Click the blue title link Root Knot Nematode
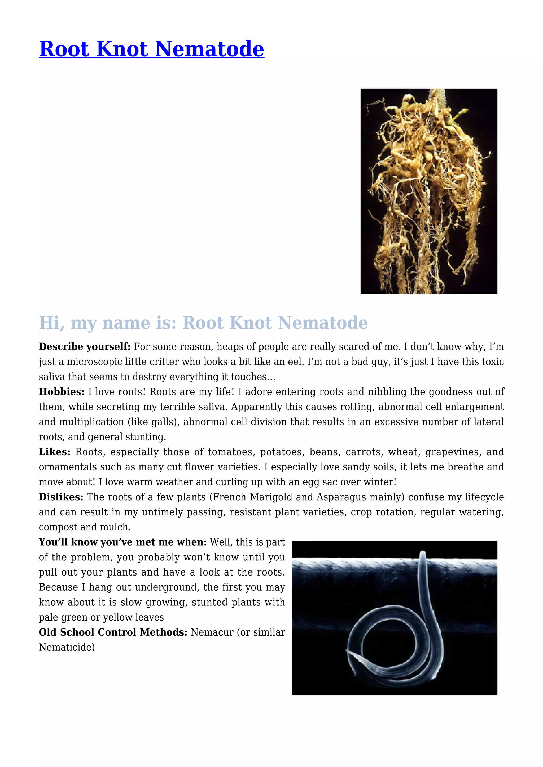click(x=151, y=49)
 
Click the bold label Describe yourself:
click(x=85, y=347)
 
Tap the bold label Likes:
click(x=55, y=452)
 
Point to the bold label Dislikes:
click(x=61, y=497)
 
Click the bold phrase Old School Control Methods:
click(x=113, y=632)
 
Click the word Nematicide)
click(x=67, y=647)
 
